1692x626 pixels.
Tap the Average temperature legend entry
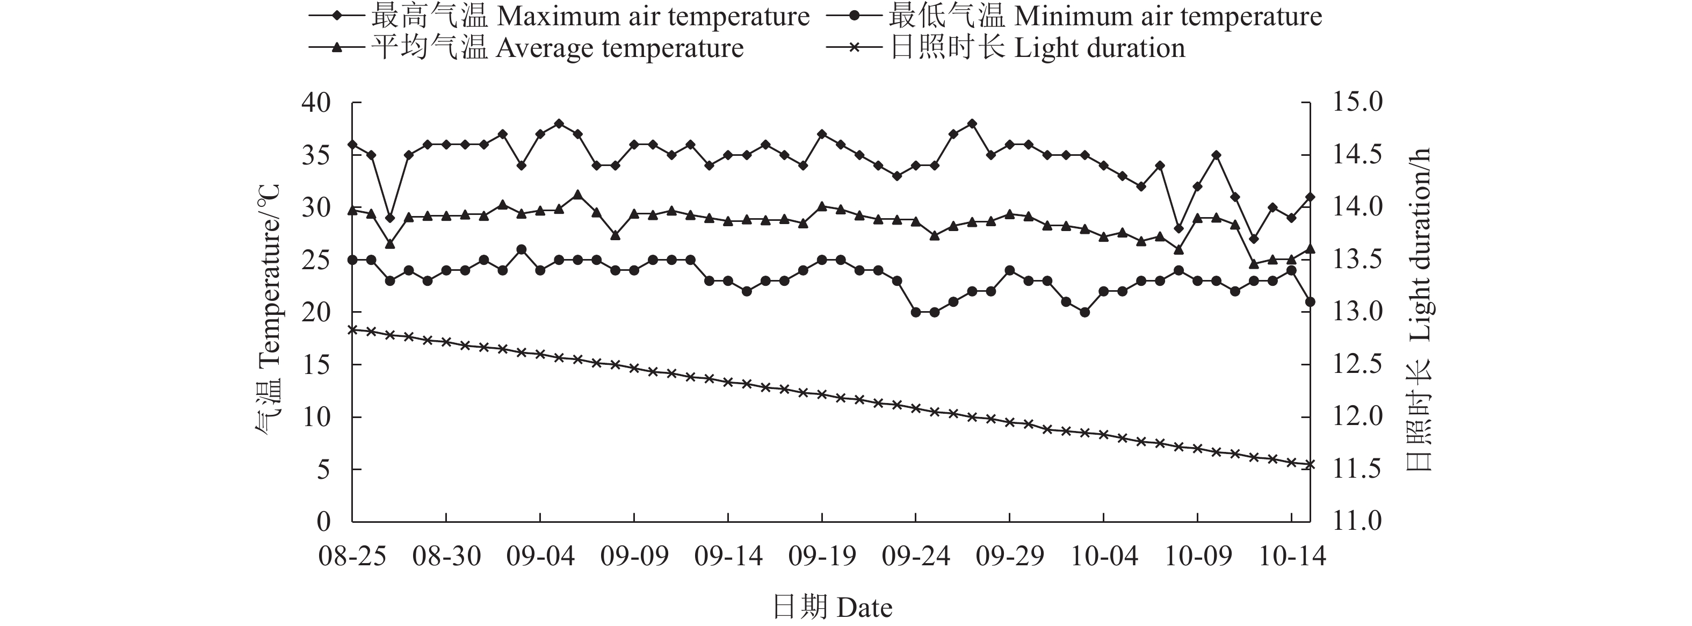pyautogui.click(x=525, y=48)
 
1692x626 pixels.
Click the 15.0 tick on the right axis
pyautogui.click(x=1357, y=103)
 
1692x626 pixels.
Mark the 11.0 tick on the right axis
pyautogui.click(x=1357, y=522)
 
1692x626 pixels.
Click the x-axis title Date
pyautogui.click(x=831, y=607)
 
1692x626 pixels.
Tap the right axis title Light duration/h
pyautogui.click(x=1419, y=309)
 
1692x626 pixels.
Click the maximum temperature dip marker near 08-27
pyautogui.click(x=390, y=218)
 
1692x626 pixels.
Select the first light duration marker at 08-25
pyautogui.click(x=353, y=329)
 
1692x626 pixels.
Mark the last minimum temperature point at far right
pyautogui.click(x=1310, y=301)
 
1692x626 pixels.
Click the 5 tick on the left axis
pyautogui.click(x=323, y=470)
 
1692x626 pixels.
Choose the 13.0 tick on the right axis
pyautogui.click(x=1357, y=312)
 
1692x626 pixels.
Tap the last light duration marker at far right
pyautogui.click(x=1310, y=464)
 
